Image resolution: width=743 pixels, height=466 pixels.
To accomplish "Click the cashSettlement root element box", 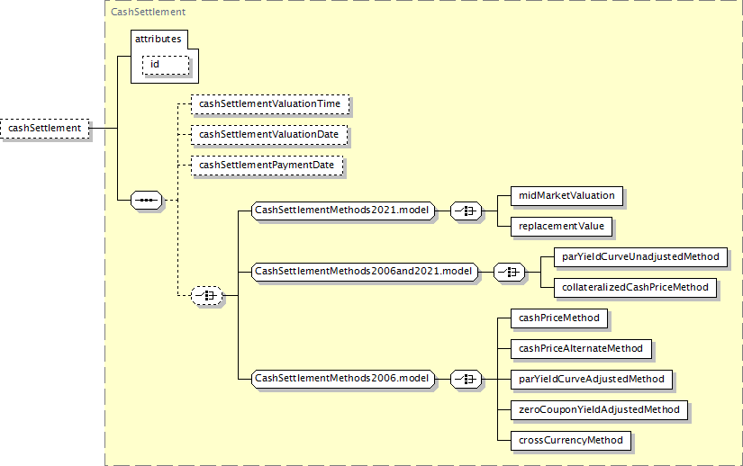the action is (x=44, y=129).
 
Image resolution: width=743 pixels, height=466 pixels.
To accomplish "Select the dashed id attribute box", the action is (x=166, y=65).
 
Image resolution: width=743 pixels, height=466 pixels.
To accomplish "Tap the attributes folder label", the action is (x=158, y=39).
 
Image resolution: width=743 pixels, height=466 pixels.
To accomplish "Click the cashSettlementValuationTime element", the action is (x=270, y=104).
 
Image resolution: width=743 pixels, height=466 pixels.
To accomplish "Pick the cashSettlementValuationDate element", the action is (x=269, y=135).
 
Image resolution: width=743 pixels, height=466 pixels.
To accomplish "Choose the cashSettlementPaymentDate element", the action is (x=267, y=166).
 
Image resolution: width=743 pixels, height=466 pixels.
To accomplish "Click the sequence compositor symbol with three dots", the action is (x=147, y=200).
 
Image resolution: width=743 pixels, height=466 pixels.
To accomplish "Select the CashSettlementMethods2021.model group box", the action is (x=342, y=210).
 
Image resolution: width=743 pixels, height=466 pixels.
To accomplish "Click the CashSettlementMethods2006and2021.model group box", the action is (x=365, y=272).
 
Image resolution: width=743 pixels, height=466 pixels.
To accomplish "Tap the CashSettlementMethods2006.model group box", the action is (x=342, y=379).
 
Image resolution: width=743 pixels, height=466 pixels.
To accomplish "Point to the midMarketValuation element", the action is (x=566, y=196).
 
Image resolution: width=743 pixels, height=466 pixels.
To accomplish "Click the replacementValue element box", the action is (x=561, y=227).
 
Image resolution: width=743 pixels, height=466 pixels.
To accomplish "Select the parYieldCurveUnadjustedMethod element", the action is (x=640, y=257).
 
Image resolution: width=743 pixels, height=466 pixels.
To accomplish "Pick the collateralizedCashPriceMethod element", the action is (x=636, y=288).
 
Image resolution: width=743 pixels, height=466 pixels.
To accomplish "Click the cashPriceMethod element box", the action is (x=559, y=318).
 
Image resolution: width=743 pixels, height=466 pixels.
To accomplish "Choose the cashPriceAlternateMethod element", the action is (x=581, y=349).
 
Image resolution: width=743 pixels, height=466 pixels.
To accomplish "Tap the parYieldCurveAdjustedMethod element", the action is (x=592, y=380).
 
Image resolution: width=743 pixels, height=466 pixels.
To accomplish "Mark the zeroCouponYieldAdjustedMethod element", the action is (x=599, y=409).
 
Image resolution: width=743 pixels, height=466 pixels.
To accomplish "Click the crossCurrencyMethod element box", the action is (x=571, y=441).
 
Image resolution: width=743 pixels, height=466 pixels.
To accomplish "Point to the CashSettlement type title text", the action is (x=148, y=12).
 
